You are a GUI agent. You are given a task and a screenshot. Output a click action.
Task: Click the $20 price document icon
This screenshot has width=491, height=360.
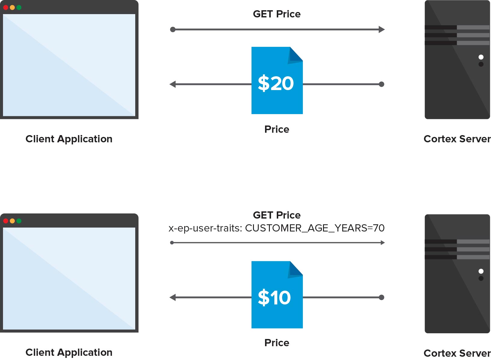(277, 80)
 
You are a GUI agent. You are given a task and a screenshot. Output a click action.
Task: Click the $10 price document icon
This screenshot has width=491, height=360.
(277, 295)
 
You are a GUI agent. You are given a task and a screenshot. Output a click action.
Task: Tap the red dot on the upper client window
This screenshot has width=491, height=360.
(6, 8)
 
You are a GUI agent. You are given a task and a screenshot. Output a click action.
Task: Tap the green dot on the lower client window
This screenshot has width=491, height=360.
(19, 221)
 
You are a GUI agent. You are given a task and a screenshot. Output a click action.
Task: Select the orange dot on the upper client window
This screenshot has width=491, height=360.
(13, 8)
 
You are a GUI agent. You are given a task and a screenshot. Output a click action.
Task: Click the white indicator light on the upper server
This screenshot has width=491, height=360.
(481, 57)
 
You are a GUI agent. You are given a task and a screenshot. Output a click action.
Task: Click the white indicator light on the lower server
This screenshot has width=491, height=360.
(481, 271)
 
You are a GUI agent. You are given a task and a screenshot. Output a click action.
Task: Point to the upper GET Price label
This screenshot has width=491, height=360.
(277, 14)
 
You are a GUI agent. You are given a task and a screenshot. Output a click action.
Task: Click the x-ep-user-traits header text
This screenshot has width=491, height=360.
(276, 228)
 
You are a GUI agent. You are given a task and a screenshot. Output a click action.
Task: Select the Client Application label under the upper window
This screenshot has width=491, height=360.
(69, 139)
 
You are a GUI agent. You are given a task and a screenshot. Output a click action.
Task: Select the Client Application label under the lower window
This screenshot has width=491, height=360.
(69, 352)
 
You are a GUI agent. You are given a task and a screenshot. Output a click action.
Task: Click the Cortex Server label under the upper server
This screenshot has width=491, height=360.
(457, 139)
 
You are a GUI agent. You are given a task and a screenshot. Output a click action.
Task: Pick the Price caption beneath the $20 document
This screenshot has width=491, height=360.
(277, 129)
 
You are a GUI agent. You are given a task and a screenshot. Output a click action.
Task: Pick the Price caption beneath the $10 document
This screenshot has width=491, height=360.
(277, 343)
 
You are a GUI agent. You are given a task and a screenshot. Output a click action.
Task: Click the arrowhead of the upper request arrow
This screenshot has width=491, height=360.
(382, 29)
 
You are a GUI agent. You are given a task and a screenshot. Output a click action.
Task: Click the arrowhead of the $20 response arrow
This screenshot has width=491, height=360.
(172, 84)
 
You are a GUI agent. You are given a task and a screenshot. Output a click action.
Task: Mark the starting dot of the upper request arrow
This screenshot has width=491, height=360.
(173, 29)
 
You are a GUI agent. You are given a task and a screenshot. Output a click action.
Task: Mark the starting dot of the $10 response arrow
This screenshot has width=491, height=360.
(381, 297)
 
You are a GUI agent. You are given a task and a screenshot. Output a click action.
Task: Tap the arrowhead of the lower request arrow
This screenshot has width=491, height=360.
(383, 243)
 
